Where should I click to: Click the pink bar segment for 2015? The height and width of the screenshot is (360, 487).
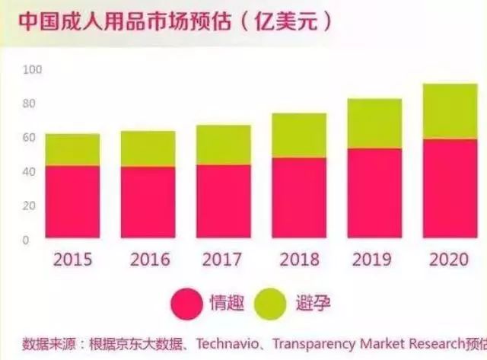(x=72, y=202)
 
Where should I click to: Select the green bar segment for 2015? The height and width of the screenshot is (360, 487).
(x=72, y=150)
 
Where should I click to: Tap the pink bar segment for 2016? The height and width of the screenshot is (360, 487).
(x=148, y=202)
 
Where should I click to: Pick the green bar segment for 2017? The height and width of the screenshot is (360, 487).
(x=224, y=145)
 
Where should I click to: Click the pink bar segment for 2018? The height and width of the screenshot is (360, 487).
(x=299, y=198)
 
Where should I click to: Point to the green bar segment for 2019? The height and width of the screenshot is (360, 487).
(x=375, y=123)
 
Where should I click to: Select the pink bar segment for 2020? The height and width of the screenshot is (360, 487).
(x=450, y=189)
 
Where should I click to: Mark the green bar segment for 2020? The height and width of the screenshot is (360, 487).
(x=450, y=111)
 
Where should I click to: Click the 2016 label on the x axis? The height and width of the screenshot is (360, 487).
(x=150, y=260)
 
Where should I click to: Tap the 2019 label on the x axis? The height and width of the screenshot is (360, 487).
(x=375, y=260)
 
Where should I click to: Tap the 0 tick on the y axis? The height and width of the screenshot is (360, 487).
(x=26, y=240)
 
